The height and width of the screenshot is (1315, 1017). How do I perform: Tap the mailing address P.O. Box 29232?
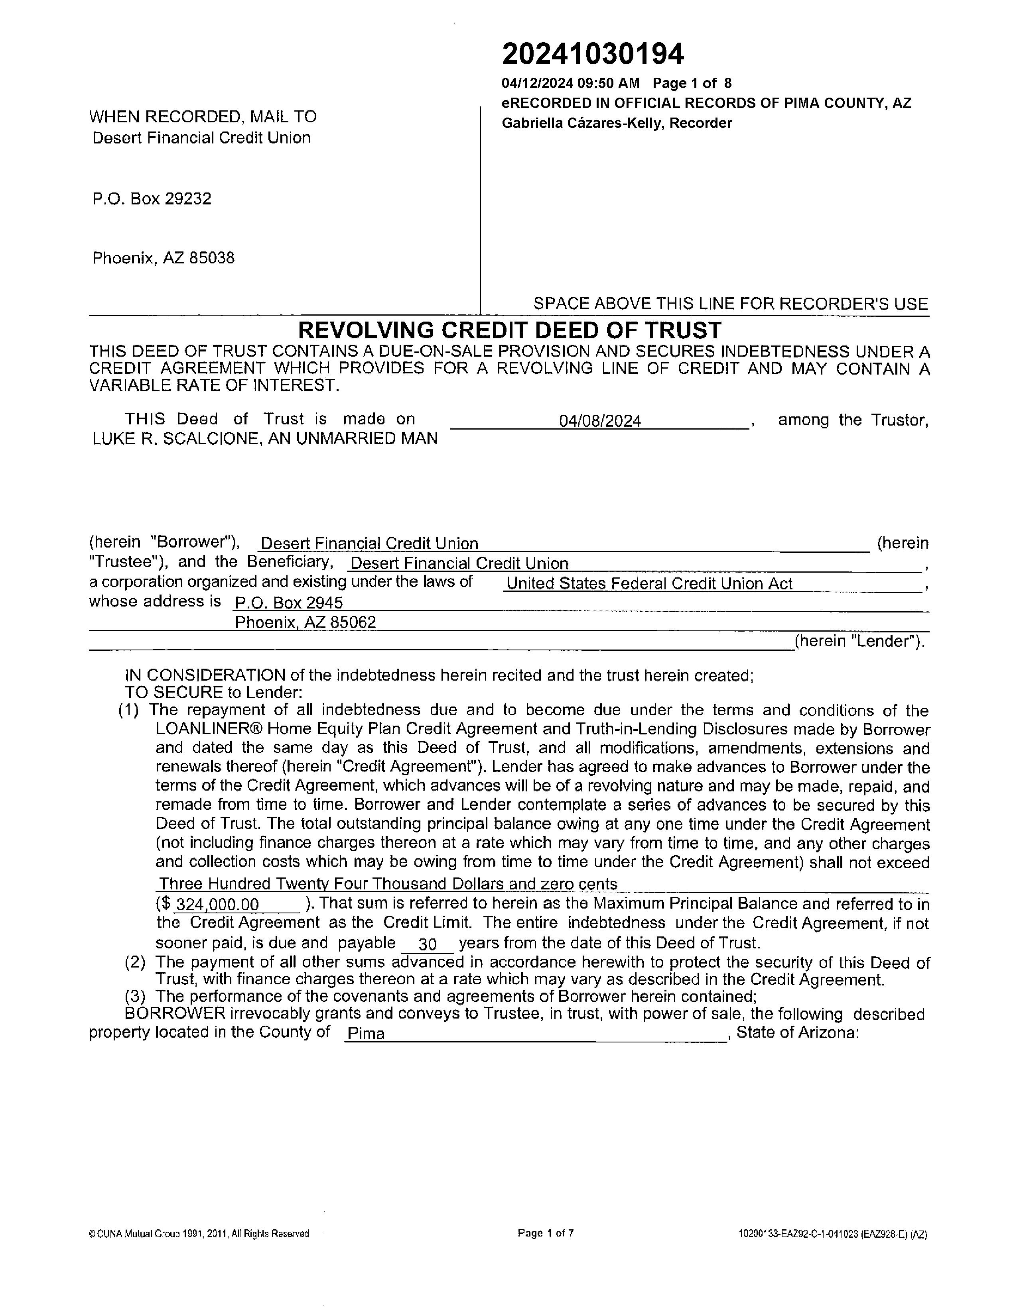click(x=152, y=199)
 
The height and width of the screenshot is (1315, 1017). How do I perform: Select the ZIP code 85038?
click(x=211, y=258)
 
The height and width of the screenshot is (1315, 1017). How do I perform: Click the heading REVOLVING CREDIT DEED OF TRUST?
click(x=509, y=330)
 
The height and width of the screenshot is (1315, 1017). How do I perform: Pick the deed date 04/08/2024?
click(x=599, y=421)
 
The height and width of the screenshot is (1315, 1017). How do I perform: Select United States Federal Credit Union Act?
click(x=649, y=583)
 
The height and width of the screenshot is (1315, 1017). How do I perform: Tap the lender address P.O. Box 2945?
click(x=289, y=603)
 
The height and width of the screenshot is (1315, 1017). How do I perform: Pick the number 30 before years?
click(x=427, y=944)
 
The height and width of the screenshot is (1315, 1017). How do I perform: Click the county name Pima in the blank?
click(x=366, y=1034)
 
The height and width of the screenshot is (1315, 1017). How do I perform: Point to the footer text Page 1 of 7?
click(x=545, y=1233)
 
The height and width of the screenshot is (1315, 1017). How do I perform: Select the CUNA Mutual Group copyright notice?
click(x=199, y=1234)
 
